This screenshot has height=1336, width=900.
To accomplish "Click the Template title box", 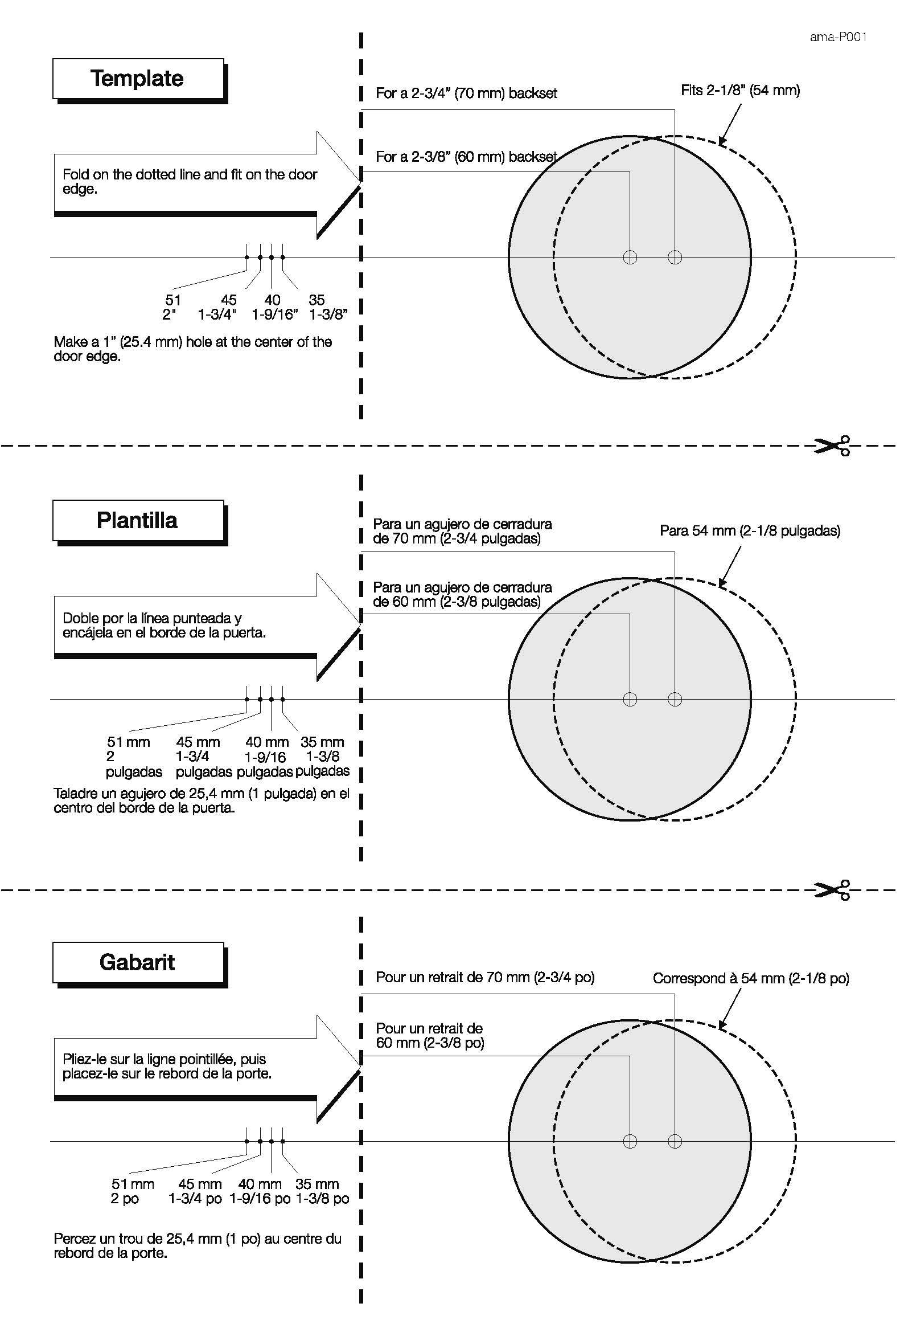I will (x=137, y=78).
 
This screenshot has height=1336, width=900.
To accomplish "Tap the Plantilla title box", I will (x=137, y=520).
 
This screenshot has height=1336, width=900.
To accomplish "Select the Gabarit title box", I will (x=137, y=962).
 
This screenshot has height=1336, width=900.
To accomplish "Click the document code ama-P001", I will (x=837, y=38).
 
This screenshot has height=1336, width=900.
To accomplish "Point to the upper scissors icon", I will (x=832, y=445).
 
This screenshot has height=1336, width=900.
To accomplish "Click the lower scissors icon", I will (x=832, y=890).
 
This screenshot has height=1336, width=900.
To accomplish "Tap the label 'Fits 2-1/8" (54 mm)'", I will (x=740, y=90).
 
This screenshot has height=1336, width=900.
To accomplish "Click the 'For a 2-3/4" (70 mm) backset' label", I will (x=466, y=93).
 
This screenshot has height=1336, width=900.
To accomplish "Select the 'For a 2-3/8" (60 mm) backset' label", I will (x=466, y=156).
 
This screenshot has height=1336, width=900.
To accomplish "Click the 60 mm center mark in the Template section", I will (x=630, y=257).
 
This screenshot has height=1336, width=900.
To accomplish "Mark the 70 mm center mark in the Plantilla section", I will (x=675, y=699).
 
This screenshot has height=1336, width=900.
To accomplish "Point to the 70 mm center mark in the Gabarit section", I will (x=675, y=1141).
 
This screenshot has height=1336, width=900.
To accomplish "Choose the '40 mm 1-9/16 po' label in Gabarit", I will (x=260, y=1191).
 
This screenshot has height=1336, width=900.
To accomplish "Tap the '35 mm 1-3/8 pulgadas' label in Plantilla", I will (x=323, y=757).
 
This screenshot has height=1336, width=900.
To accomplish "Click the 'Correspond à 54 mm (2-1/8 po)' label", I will (x=751, y=978).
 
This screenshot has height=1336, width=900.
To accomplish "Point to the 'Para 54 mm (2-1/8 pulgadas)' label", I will (x=750, y=531).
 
